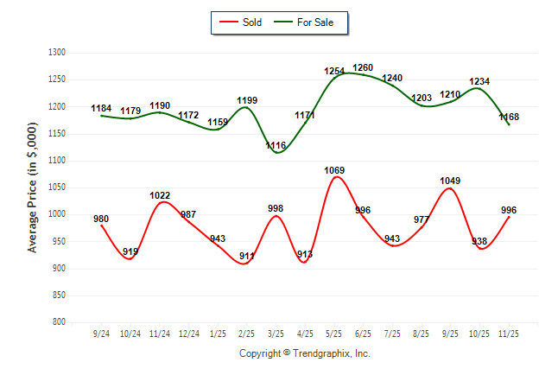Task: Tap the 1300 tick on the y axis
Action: click(x=57, y=53)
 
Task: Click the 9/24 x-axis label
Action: click(x=101, y=334)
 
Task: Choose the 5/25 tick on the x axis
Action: click(x=334, y=334)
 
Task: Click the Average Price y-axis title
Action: click(x=33, y=187)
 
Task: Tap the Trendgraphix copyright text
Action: click(x=304, y=353)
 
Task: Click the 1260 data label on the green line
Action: click(x=363, y=67)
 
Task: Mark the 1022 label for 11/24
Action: click(x=160, y=195)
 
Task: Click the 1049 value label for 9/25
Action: click(x=450, y=181)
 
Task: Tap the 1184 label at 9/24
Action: click(x=101, y=109)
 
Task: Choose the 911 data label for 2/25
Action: click(x=247, y=256)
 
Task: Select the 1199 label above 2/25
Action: click(x=247, y=101)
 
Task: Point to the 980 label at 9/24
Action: click(x=101, y=219)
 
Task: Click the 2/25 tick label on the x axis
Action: click(x=247, y=334)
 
